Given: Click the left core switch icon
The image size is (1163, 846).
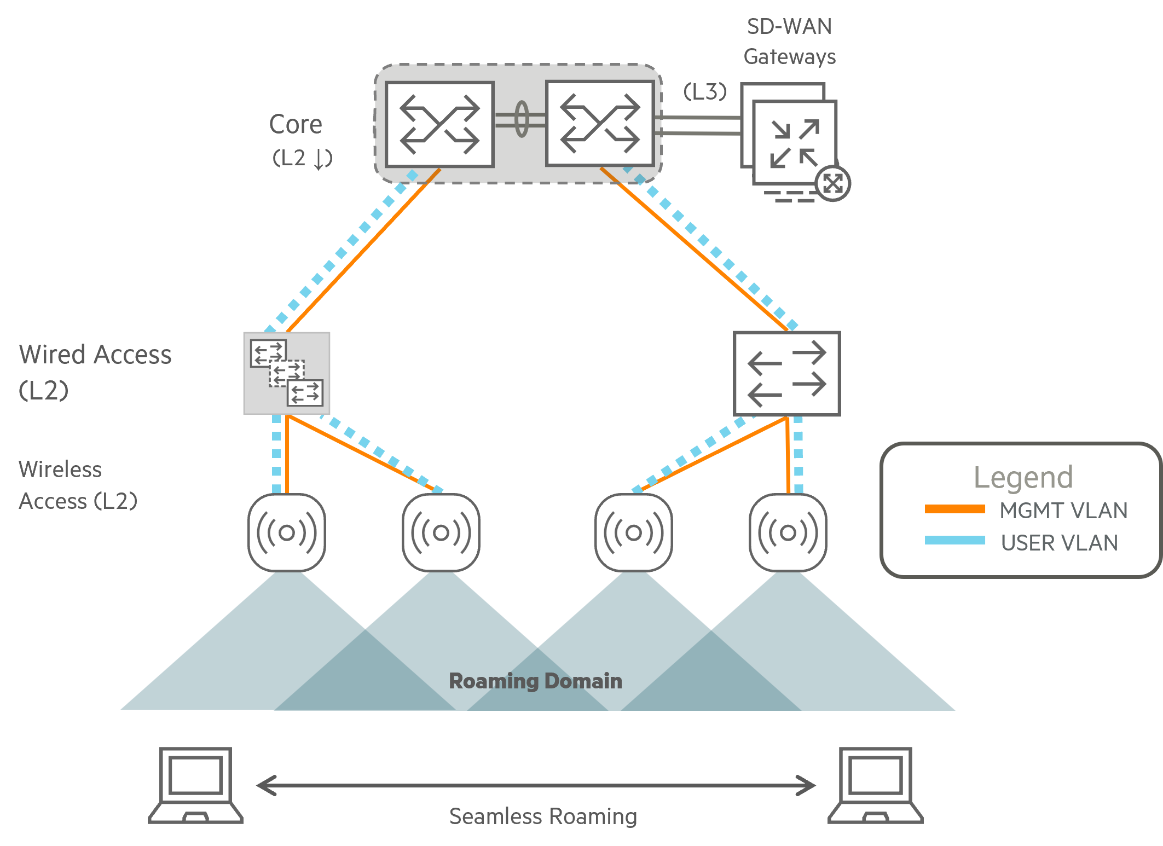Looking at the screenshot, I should coord(439,124).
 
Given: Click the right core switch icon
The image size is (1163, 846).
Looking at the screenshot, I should coord(600,123).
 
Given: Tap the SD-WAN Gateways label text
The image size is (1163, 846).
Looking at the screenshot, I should coord(789,42).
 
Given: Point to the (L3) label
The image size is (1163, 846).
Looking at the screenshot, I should coord(705,91).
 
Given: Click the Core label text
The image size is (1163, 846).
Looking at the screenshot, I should coord(296,125).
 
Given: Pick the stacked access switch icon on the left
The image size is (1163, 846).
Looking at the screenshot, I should coord(286,373).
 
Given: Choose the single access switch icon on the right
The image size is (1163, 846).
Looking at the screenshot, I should coord(786,374).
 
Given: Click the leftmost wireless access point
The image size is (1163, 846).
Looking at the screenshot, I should coord(287,532).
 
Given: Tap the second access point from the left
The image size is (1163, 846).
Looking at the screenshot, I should coord(441,532).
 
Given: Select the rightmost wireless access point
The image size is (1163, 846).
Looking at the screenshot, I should coord(788,532).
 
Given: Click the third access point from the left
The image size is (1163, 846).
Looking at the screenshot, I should coord(634,532).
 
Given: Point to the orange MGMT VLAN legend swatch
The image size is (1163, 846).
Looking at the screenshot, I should coord(955,509).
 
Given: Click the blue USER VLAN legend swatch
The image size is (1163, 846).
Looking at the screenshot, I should coord(955,540).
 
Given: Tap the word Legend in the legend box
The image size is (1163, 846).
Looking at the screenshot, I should coord(1023,477).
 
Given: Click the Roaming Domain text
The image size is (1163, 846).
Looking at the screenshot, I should coord(535,681).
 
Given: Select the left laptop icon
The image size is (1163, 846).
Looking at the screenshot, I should coord(196,785).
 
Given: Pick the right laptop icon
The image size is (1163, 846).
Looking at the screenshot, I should coord(875,785).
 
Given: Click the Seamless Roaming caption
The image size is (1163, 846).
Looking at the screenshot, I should coord(543,816).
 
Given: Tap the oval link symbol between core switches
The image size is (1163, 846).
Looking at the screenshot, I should coord(522,119).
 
